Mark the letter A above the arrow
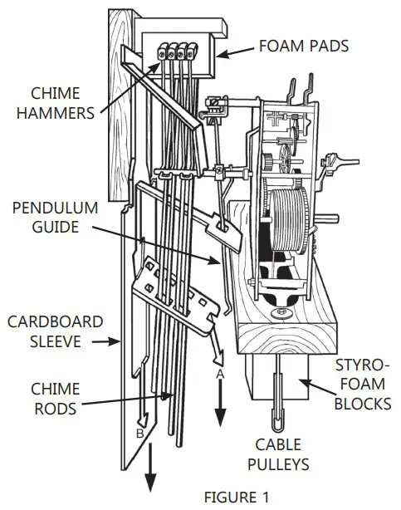click(x=220, y=375)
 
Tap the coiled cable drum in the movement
click(x=286, y=220)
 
